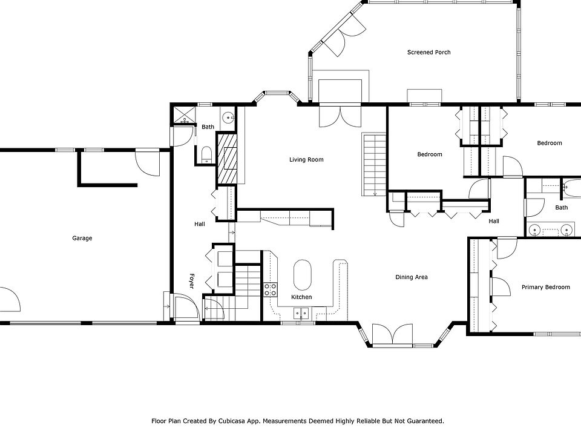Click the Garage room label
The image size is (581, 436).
(82, 238)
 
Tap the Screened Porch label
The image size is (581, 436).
(428, 52)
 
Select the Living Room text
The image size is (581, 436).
(306, 159)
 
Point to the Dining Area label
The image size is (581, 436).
(412, 277)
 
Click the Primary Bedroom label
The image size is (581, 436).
(545, 287)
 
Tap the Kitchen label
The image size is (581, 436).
(301, 297)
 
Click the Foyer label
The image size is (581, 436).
(192, 281)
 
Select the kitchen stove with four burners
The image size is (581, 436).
(271, 289)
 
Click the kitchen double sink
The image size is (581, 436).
(301, 314)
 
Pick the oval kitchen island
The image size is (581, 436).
(303, 274)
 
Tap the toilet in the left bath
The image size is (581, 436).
(206, 155)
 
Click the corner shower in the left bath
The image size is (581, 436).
(184, 115)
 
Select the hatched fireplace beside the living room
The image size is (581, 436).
(227, 158)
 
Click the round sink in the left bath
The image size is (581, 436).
(228, 118)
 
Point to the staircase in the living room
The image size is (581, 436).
(374, 164)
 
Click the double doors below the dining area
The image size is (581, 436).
(392, 335)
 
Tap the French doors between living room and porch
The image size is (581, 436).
(340, 116)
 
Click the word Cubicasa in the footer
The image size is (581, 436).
(232, 421)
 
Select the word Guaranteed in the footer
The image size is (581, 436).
(425, 421)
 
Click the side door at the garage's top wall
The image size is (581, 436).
(148, 162)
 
